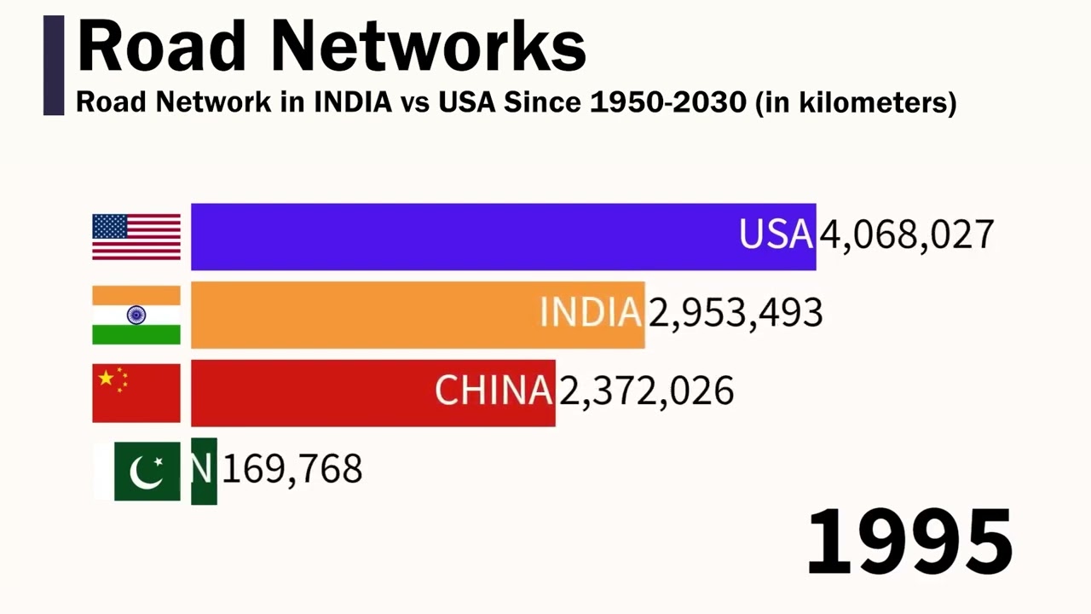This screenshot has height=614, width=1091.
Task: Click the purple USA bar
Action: pos(503,236)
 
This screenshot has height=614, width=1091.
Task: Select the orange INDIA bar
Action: pos(418,315)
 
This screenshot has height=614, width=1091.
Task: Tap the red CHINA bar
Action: pos(372,392)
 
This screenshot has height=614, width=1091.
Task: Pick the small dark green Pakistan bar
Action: pos(204,471)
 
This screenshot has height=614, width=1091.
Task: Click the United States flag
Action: pos(136,236)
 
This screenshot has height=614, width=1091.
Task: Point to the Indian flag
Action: pos(136,315)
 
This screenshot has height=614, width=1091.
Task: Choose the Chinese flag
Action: pos(136,392)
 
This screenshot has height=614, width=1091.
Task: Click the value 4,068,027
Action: pos(907,235)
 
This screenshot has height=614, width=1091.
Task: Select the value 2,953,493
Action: pos(736,314)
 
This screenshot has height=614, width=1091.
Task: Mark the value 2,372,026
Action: pos(646,391)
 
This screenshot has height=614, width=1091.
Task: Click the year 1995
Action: pos(909,541)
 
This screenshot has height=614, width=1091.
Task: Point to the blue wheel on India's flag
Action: pos(136,315)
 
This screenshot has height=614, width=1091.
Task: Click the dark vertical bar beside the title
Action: pos(54,65)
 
